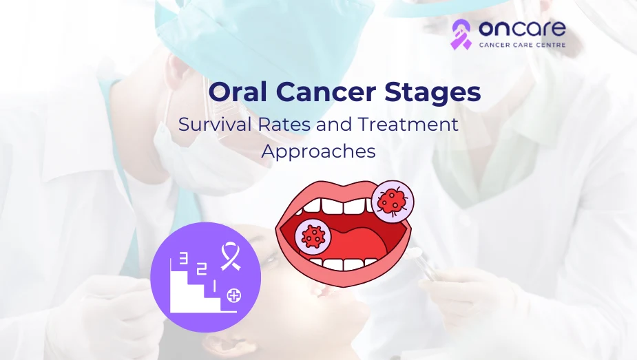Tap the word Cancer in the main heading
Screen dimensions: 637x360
pos(326,92)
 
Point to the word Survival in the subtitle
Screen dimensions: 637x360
pos(215,124)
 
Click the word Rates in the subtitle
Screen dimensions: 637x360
pos(285,124)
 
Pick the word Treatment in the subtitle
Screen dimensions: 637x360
pos(408,124)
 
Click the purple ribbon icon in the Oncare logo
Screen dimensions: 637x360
pos(461,34)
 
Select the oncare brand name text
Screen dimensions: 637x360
pos(522,28)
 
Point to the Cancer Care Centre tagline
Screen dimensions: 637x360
pos(522,45)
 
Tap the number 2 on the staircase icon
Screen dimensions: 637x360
pos(202,269)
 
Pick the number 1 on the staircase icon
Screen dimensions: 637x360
pos(215,286)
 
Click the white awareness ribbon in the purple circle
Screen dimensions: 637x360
pos(230,256)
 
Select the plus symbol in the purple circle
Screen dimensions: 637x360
pos(233,295)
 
